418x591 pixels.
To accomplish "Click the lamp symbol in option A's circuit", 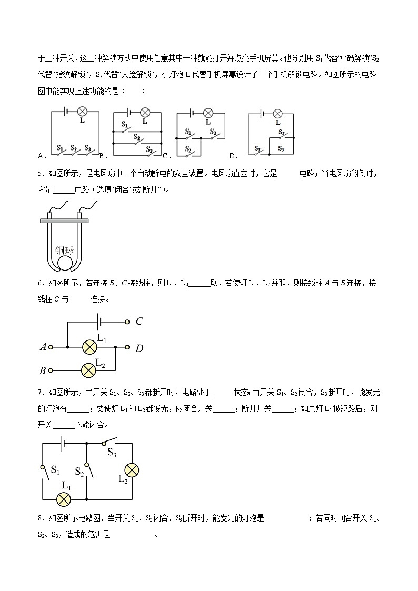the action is (82, 111).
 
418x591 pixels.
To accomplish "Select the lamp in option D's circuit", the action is (277, 113).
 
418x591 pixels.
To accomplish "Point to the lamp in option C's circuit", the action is (208, 113).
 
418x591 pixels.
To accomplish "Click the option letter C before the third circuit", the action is (165, 156).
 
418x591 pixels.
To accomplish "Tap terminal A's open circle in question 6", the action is (51, 347).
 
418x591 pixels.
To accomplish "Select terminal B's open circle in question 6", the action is (51, 370).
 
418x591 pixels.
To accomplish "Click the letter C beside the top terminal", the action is (140, 321).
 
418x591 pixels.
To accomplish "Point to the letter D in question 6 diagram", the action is (139, 348).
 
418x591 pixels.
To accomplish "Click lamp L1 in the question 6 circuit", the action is (89, 347).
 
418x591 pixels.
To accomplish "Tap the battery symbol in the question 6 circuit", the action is (98, 321).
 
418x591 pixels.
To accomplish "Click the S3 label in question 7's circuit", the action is (112, 452).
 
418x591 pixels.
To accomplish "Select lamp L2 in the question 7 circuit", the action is (131, 470).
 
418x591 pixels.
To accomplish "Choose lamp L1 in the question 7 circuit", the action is (64, 498).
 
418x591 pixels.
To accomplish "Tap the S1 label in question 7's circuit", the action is (55, 468).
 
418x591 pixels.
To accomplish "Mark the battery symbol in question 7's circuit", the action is (62, 443).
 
